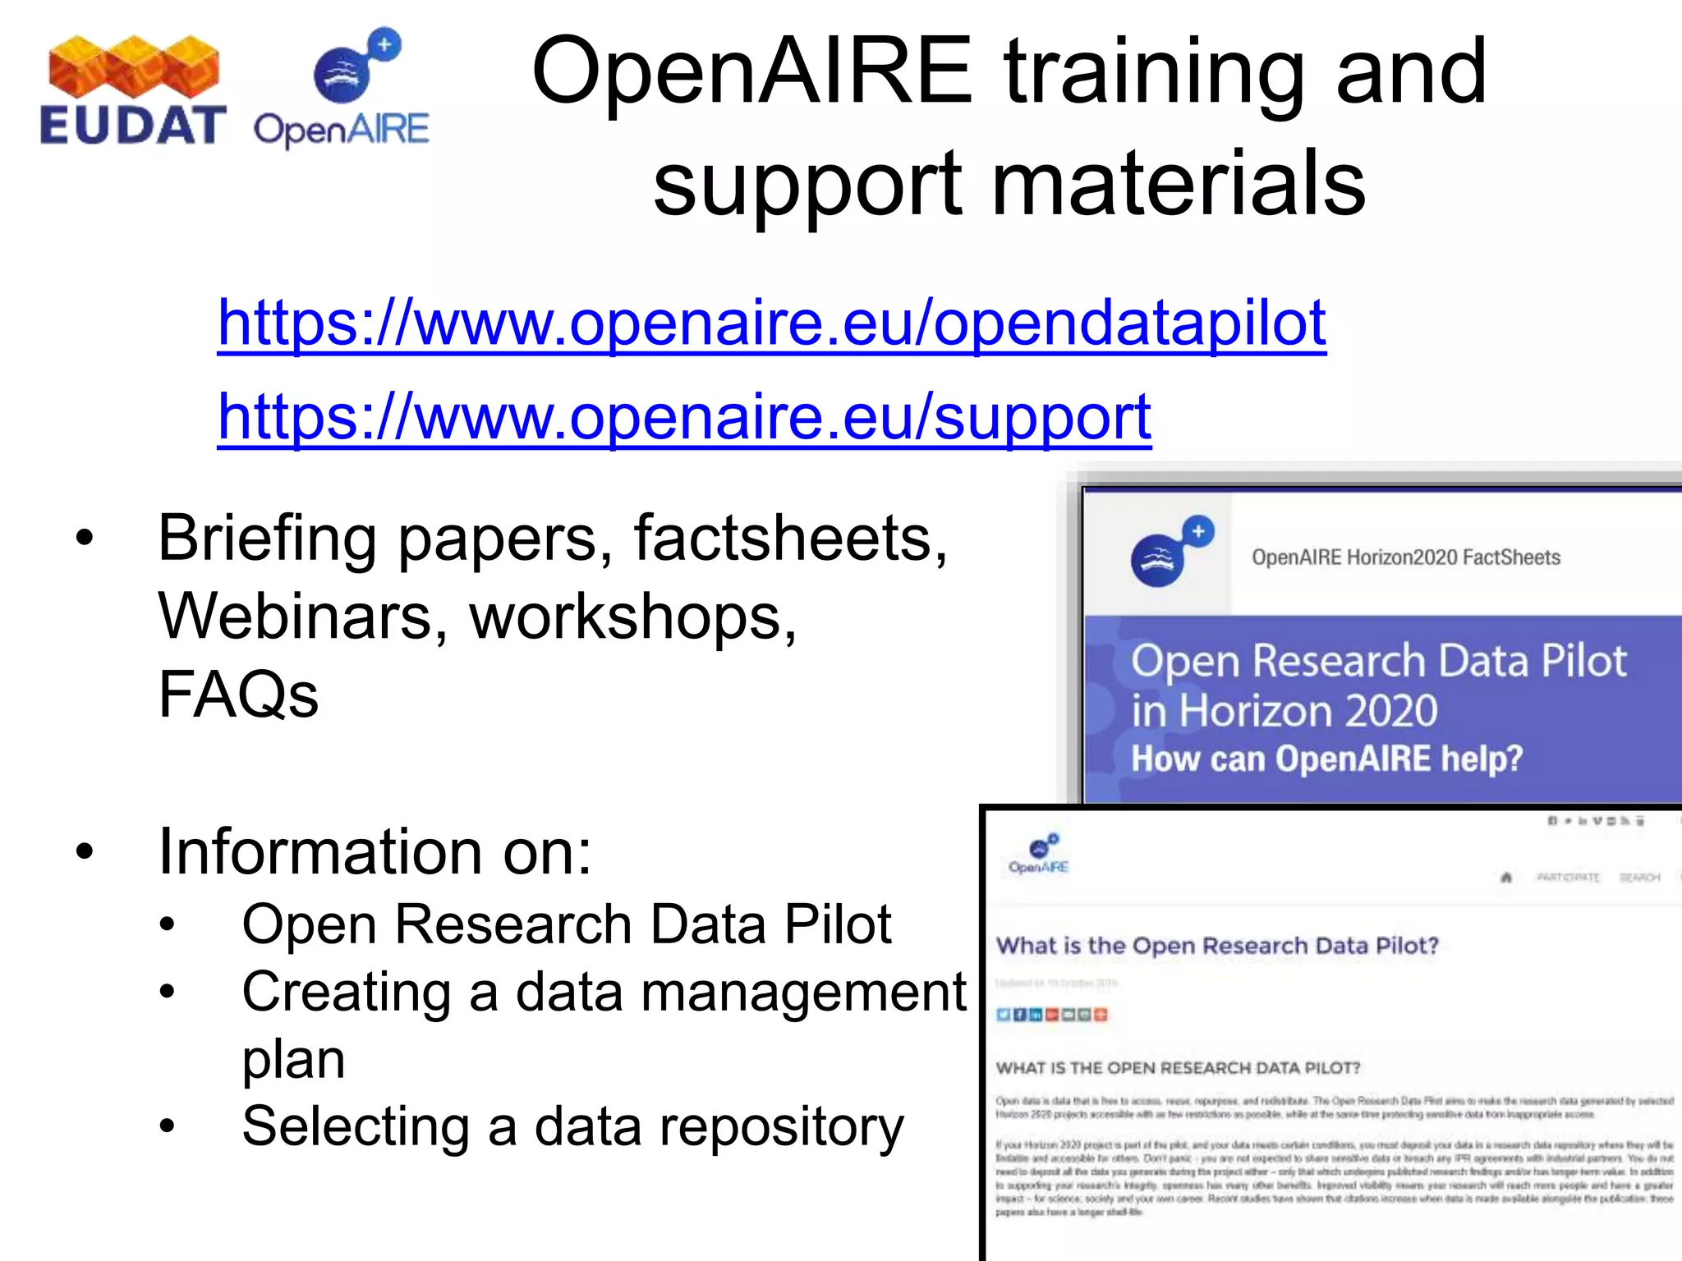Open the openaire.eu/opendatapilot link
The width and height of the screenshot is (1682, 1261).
point(771,323)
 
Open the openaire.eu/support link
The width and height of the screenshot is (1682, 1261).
point(684,417)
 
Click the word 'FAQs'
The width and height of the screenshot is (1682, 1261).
point(238,695)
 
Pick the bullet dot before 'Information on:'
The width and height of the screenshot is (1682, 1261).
point(85,852)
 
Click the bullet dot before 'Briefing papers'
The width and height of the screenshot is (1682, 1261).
point(85,539)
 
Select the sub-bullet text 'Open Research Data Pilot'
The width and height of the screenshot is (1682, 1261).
point(566,924)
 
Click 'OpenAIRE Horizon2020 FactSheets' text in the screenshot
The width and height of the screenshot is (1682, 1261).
point(1405,557)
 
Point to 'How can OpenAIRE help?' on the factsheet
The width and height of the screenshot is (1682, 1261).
point(1326,758)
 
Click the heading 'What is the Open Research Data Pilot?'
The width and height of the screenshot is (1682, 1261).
point(1217,946)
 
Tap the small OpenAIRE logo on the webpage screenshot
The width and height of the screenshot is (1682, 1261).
point(1039,854)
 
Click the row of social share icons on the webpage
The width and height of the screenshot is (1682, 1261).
point(1051,1015)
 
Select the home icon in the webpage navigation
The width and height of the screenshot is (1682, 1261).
point(1506,878)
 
